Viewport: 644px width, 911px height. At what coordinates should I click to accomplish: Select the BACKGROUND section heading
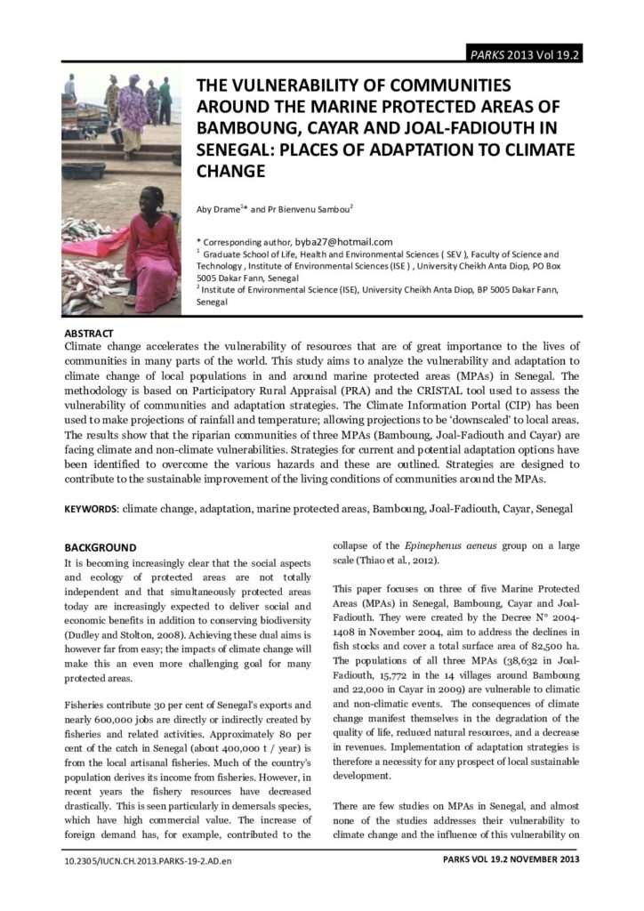[x=101, y=547]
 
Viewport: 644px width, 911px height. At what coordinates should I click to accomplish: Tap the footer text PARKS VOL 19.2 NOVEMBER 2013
[x=511, y=860]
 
